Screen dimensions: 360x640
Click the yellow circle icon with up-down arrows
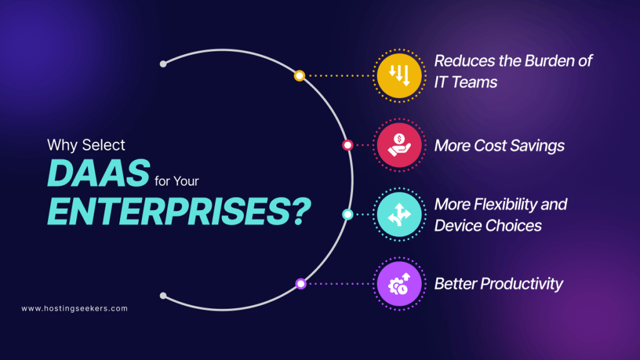tap(397, 76)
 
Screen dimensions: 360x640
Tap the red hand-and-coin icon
tap(397, 145)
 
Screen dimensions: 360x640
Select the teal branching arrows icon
tap(397, 215)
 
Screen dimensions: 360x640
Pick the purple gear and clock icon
tap(397, 284)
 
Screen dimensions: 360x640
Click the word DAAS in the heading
tap(99, 172)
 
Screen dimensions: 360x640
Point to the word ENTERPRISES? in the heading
tap(179, 211)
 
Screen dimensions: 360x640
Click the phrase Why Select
tap(86, 145)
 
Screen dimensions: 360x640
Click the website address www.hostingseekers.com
tap(74, 309)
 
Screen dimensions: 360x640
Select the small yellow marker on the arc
tap(299, 76)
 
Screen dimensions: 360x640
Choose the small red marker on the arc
tap(347, 145)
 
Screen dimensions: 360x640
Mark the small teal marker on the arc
tap(347, 215)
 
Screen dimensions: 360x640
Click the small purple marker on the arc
tap(301, 284)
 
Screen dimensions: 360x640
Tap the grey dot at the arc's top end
tap(163, 64)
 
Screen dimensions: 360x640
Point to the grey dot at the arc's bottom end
tap(163, 296)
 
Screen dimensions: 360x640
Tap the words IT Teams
tap(466, 82)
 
